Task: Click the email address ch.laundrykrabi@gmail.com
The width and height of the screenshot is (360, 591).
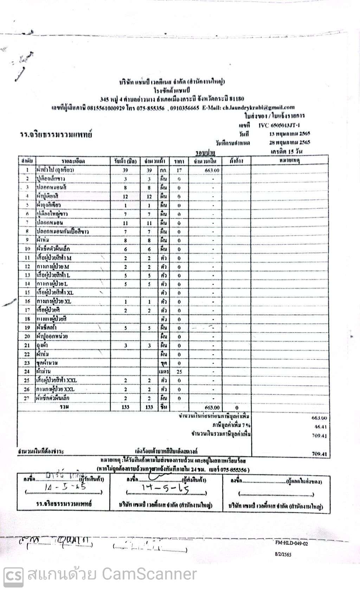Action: (258, 108)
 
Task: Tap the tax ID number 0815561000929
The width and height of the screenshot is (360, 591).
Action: (106, 108)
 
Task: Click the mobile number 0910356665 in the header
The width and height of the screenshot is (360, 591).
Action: (185, 108)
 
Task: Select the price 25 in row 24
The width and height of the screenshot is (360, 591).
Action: (179, 372)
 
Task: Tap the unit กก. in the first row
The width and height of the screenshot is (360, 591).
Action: (163, 170)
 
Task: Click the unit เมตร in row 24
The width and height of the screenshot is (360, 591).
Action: (163, 372)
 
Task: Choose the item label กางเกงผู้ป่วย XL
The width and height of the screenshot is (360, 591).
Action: (54, 301)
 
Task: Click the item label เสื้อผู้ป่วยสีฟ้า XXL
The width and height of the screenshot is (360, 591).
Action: (57, 380)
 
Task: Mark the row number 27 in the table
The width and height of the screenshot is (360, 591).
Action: (27, 398)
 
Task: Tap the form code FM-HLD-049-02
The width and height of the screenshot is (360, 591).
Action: (291, 543)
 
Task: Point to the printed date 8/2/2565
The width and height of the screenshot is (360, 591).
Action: (283, 554)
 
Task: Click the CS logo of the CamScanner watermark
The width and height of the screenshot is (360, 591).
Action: (13, 574)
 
